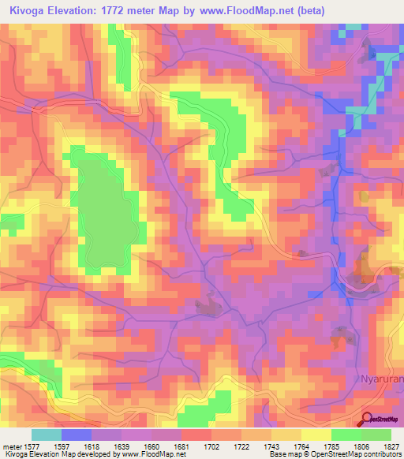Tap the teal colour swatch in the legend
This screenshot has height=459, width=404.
point(47,435)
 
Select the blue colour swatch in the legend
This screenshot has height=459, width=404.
point(77,435)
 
